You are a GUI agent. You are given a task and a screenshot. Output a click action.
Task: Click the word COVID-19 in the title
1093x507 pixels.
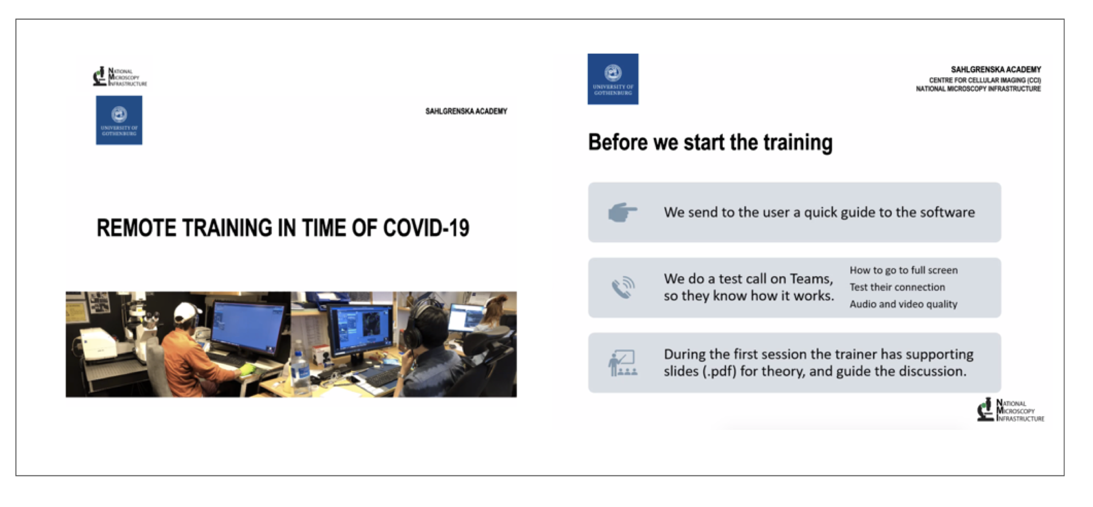(x=426, y=228)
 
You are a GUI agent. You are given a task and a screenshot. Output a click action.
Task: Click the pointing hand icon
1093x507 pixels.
(x=623, y=212)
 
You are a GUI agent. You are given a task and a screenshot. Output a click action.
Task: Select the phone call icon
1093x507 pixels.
(x=623, y=288)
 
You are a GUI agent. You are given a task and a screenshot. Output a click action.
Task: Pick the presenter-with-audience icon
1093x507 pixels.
(x=623, y=363)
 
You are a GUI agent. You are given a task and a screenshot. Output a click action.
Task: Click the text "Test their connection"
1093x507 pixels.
(x=897, y=287)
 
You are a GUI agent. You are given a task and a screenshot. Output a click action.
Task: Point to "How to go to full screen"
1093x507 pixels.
(x=903, y=270)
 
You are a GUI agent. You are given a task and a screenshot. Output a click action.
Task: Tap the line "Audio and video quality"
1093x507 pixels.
(x=903, y=304)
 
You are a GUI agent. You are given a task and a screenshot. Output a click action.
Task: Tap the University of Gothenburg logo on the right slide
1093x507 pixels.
(x=613, y=79)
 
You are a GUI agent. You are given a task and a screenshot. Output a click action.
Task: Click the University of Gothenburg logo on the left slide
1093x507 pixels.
(x=119, y=120)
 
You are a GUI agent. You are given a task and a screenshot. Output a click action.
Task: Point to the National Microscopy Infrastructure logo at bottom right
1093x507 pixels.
(x=1010, y=410)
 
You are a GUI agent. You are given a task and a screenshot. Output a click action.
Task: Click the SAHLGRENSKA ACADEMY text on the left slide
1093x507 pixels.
(x=466, y=112)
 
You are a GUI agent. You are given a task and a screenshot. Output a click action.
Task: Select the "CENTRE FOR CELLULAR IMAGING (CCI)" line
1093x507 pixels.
(x=985, y=80)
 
